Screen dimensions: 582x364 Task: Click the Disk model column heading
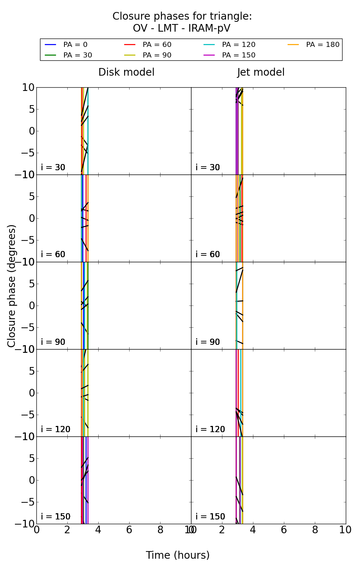click(126, 72)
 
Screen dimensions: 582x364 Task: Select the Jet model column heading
click(261, 72)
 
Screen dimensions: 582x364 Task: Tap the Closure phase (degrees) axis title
click(12, 286)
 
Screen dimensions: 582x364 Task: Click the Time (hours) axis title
click(178, 555)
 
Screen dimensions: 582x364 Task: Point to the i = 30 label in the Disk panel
click(53, 168)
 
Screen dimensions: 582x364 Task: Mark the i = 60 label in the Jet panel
click(208, 255)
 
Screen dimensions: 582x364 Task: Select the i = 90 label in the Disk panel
click(53, 342)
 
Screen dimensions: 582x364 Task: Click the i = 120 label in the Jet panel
click(210, 430)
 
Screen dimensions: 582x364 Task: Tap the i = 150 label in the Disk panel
click(55, 517)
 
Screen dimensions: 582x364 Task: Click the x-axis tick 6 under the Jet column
click(284, 530)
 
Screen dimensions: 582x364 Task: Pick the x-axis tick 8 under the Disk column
click(160, 530)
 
